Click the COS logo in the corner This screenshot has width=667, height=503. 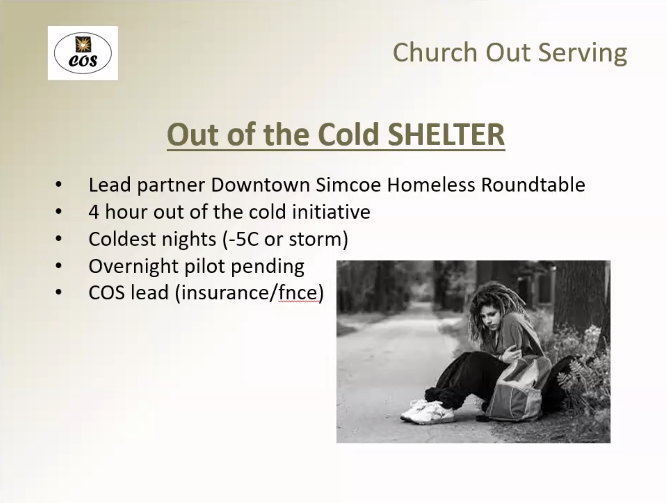[83, 53]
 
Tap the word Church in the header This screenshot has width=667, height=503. [435, 52]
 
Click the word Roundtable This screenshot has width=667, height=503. [533, 185]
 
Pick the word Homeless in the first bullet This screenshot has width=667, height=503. [431, 185]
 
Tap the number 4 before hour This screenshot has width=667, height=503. [94, 212]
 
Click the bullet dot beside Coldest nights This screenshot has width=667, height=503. [58, 239]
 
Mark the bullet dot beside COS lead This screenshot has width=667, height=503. [58, 292]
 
